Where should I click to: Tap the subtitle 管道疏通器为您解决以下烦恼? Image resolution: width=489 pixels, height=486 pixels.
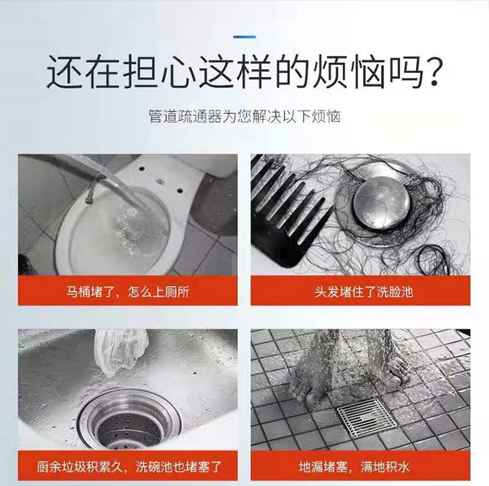coord(244,116)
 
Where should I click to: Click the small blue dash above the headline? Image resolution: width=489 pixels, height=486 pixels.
coord(244,37)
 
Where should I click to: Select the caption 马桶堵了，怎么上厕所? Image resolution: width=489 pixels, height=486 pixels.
coord(127,292)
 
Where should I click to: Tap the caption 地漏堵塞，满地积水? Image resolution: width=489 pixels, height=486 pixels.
coord(354,467)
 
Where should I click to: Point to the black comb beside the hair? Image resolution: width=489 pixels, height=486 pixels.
coord(287,212)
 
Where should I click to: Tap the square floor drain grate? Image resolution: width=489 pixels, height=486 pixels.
coord(367,418)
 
